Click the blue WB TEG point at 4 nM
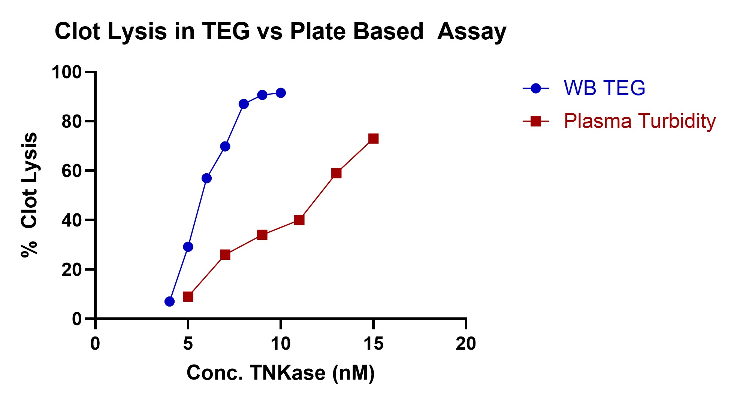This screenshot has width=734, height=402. click(x=169, y=301)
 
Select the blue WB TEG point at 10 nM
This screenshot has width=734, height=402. click(x=281, y=93)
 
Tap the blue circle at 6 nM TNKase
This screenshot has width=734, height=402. click(x=206, y=178)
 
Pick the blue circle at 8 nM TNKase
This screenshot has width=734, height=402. click(x=244, y=104)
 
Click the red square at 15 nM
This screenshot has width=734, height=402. click(x=373, y=138)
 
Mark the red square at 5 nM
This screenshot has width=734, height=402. click(x=188, y=296)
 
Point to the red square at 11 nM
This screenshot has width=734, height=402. click(x=299, y=220)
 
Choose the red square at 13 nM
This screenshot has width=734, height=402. click(x=336, y=173)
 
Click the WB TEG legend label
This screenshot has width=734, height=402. click(x=604, y=88)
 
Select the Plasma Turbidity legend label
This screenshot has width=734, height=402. click(x=639, y=121)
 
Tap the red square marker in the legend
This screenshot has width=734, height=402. click(x=536, y=121)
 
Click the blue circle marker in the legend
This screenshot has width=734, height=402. click(x=536, y=88)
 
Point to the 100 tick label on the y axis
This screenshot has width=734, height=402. click(x=66, y=72)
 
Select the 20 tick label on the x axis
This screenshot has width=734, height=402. click(x=466, y=344)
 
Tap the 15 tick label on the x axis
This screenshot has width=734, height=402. click(x=373, y=344)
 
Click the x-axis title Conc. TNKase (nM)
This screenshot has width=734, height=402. click(x=280, y=373)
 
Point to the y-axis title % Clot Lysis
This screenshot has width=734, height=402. click(x=29, y=195)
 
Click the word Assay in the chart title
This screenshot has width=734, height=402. click(x=471, y=31)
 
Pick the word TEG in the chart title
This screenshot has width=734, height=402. click(x=226, y=31)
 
